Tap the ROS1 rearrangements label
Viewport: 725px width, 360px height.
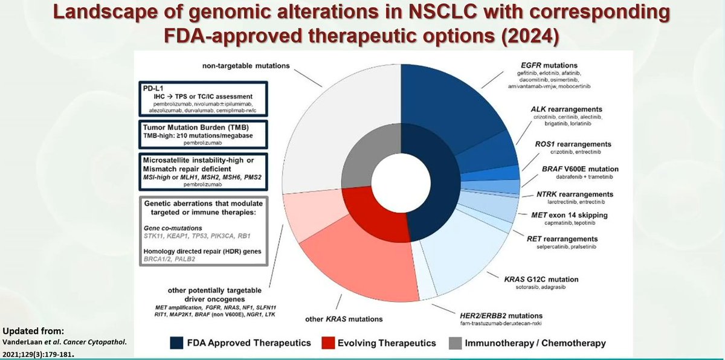click(x=565, y=144)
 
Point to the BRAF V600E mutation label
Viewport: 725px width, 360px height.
click(x=566, y=169)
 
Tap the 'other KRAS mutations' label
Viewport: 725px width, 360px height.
click(x=344, y=319)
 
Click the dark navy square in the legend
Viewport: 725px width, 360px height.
click(x=176, y=343)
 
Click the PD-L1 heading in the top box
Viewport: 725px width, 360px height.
click(x=149, y=88)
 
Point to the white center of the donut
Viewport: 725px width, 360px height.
click(x=401, y=181)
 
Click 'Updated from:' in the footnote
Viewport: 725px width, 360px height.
click(x=31, y=332)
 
